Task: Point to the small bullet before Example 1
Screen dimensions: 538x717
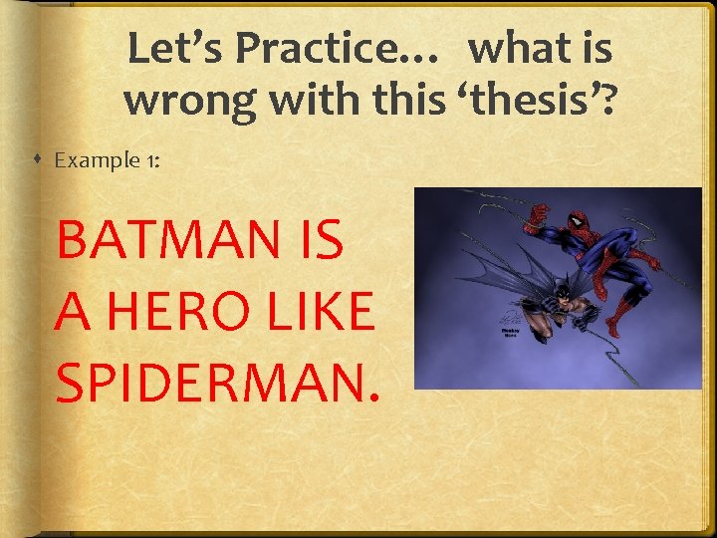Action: tap(36, 160)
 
